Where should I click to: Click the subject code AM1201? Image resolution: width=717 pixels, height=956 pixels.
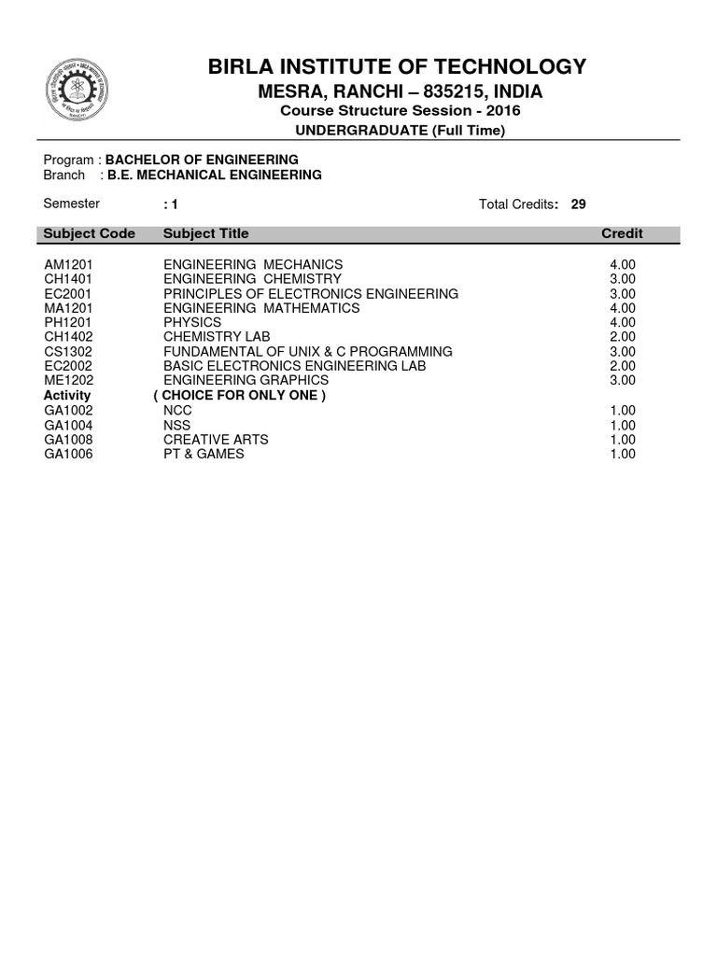coord(69,264)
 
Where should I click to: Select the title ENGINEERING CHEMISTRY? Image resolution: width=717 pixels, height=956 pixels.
coord(252,279)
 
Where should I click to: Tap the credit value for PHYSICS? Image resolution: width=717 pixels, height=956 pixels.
coord(622,322)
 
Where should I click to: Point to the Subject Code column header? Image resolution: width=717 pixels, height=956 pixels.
coord(90,233)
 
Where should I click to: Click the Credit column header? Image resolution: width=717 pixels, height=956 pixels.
coord(622,233)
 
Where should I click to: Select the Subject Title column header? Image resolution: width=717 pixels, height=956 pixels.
coord(206,233)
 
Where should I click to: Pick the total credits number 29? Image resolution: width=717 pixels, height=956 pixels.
coord(579,204)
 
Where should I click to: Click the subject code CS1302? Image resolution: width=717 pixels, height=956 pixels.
coord(69,351)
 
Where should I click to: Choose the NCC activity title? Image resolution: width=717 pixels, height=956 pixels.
coord(177,411)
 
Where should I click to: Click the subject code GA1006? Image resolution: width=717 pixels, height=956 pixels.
coord(69,454)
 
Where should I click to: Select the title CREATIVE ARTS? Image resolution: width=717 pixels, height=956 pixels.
coord(216,440)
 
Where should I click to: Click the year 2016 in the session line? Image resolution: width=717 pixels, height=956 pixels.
coord(504,111)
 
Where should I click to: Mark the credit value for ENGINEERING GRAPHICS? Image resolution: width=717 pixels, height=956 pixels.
coord(622,380)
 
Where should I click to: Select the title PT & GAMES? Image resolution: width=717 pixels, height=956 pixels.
coord(204,454)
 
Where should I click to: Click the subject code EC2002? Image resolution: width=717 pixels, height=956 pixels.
coord(69,366)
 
